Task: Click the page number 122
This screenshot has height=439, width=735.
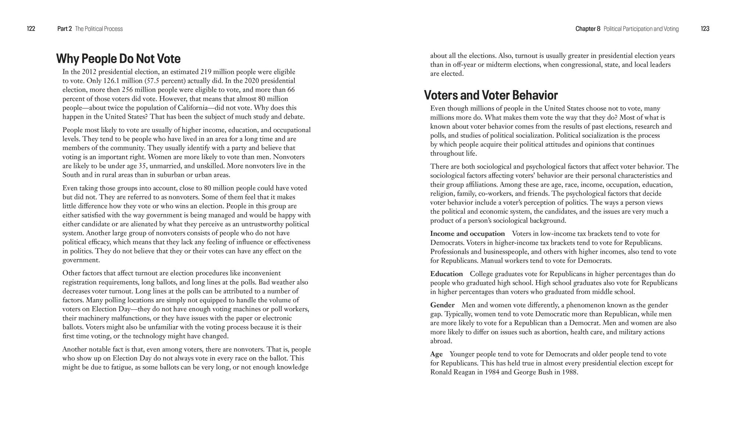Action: (31, 29)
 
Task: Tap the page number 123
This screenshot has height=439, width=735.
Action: (705, 29)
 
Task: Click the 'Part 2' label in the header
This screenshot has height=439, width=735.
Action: (64, 29)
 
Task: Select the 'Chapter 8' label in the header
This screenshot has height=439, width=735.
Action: (588, 29)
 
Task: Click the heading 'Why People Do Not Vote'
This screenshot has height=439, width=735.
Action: (118, 59)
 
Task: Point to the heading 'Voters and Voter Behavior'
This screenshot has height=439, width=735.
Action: (491, 95)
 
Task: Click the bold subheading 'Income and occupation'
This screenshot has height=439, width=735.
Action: (467, 234)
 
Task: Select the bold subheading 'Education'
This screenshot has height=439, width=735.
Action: (447, 274)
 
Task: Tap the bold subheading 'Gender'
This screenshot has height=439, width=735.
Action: (442, 305)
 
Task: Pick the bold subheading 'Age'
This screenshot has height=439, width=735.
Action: (436, 354)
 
